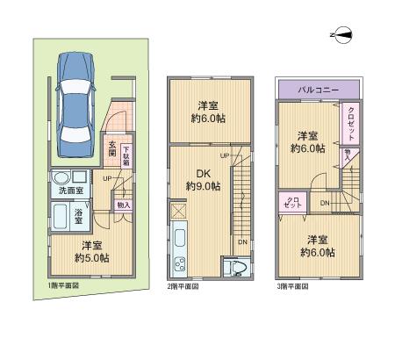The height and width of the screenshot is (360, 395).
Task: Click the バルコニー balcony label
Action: point(319,90)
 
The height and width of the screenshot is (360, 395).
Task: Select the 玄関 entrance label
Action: point(112,152)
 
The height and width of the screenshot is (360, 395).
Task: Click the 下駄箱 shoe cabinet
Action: point(126,155)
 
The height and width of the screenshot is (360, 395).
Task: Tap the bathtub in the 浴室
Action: point(61,215)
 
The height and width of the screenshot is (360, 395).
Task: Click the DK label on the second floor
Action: point(203,172)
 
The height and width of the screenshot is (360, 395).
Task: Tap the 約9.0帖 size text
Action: point(203,186)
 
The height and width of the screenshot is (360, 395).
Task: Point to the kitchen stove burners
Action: point(181,266)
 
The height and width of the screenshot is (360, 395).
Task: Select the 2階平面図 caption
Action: point(182,286)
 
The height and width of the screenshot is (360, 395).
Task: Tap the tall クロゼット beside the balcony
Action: point(350,126)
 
